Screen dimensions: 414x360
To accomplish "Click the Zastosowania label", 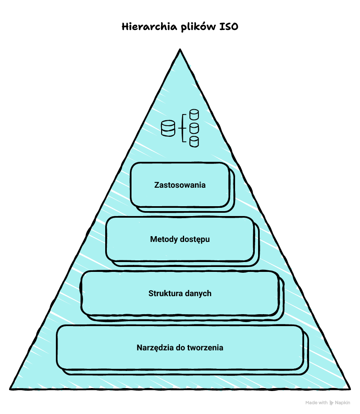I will (180, 185).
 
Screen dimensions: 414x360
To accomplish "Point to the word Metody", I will (164, 239).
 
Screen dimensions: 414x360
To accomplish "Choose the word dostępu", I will (195, 239).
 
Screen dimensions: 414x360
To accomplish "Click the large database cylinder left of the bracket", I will (168, 128).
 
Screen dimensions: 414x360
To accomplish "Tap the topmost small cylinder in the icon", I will (194, 114).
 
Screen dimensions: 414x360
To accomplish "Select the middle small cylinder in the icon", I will (194, 128).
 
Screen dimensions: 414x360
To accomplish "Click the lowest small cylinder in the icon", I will (194, 142).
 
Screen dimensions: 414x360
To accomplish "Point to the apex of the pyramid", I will (180, 50).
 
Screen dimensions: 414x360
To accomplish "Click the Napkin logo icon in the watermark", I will (332, 403).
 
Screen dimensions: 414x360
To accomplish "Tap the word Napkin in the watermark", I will (343, 403).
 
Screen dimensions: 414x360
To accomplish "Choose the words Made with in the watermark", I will (316, 403).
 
